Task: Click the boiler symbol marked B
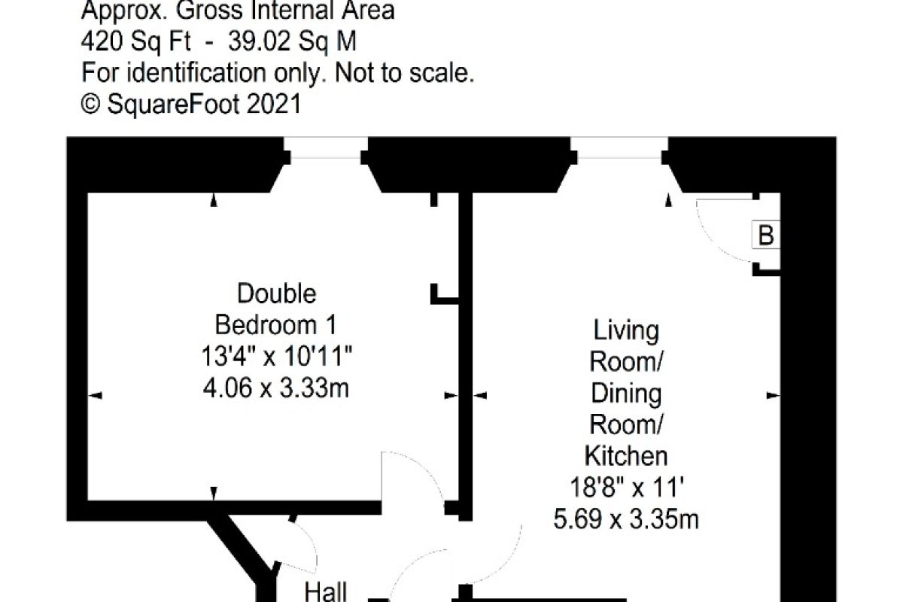click(x=766, y=234)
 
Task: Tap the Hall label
click(x=325, y=592)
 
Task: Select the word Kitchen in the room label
click(x=626, y=456)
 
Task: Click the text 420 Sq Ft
click(x=136, y=41)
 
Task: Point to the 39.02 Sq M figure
click(x=292, y=41)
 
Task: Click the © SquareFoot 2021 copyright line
click(x=191, y=104)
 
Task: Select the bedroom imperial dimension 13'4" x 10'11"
click(x=276, y=357)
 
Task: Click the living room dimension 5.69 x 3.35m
click(x=626, y=519)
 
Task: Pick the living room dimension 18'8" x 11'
click(x=627, y=488)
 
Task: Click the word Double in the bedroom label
click(x=277, y=293)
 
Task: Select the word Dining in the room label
click(x=626, y=394)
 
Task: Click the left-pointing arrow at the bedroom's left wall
click(x=95, y=396)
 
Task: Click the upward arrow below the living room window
click(x=668, y=200)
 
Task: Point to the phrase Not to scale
click(x=404, y=73)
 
